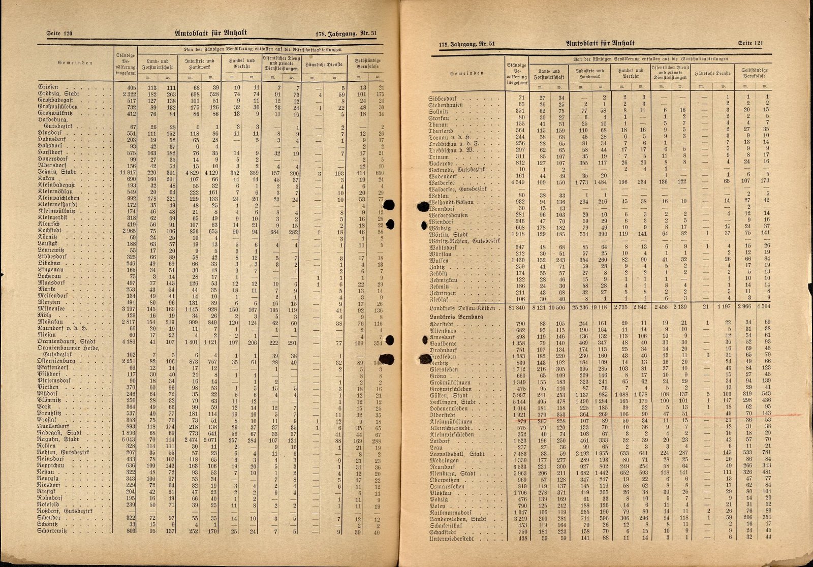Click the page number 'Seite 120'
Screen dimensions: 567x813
click(x=59, y=34)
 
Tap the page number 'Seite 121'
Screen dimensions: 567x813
click(x=751, y=44)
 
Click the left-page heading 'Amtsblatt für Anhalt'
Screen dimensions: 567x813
click(x=211, y=33)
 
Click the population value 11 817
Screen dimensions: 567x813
click(x=126, y=173)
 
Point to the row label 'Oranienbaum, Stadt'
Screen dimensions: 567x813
click(x=67, y=341)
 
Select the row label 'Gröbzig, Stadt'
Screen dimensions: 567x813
click(x=58, y=94)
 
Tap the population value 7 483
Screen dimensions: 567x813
click(x=516, y=454)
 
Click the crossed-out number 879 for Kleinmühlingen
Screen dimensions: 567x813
click(x=519, y=421)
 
